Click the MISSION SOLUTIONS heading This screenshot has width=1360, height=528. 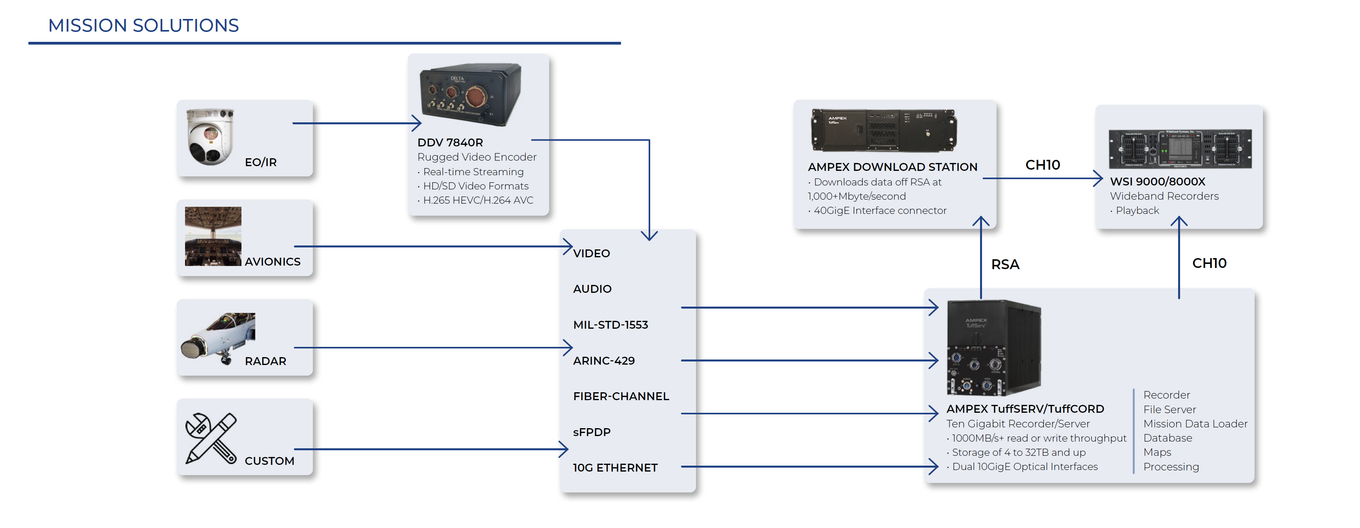[x=143, y=25]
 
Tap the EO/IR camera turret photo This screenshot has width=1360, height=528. [x=210, y=137]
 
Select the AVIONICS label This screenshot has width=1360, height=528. [x=272, y=262]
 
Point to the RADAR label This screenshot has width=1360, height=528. [x=265, y=361]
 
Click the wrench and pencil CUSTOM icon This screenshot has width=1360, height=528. [x=211, y=438]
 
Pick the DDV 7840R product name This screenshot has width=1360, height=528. [x=450, y=142]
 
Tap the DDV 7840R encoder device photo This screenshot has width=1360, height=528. [x=470, y=94]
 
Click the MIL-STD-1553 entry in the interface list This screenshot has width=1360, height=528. [x=610, y=325]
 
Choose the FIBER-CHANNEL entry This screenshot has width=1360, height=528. [x=621, y=396]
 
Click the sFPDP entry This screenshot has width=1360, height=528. [x=591, y=432]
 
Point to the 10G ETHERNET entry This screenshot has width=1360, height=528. [x=615, y=468]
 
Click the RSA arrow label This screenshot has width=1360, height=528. [x=1005, y=264]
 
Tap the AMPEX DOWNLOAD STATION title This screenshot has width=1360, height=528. [x=892, y=167]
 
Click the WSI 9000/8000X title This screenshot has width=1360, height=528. [x=1157, y=182]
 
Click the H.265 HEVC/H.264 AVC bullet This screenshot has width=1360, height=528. [x=478, y=200]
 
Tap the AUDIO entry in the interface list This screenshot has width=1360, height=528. [x=592, y=289]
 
